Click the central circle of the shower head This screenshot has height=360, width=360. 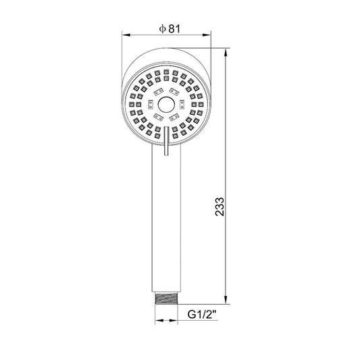[165, 104]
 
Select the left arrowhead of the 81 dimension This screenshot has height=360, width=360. [126, 35]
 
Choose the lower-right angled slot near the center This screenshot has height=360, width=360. [174, 119]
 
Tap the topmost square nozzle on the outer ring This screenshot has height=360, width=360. [165, 69]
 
